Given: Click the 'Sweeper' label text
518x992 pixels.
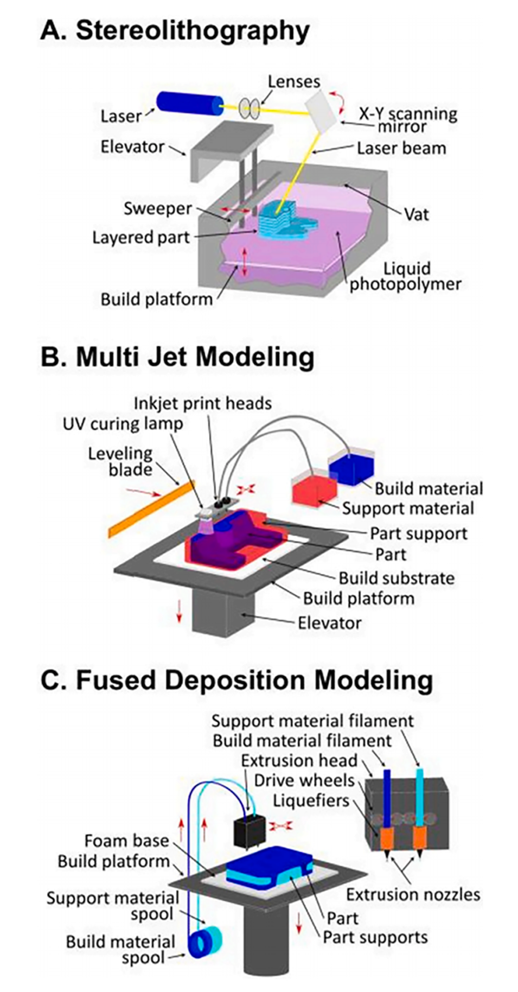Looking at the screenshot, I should tap(157, 208).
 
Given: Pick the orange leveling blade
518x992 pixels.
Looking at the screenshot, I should tap(151, 507).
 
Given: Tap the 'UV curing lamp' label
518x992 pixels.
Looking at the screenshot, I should tap(123, 423).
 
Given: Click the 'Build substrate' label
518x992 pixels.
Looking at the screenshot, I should tap(397, 577).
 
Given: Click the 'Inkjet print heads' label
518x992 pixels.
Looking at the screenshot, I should tap(202, 403).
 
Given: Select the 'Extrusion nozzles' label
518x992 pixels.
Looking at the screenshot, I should tap(413, 893).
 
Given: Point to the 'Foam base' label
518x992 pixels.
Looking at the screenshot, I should tap(126, 841).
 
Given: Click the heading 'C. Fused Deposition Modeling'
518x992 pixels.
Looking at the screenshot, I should tap(236, 680).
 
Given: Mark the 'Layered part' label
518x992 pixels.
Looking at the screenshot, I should tap(141, 237).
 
